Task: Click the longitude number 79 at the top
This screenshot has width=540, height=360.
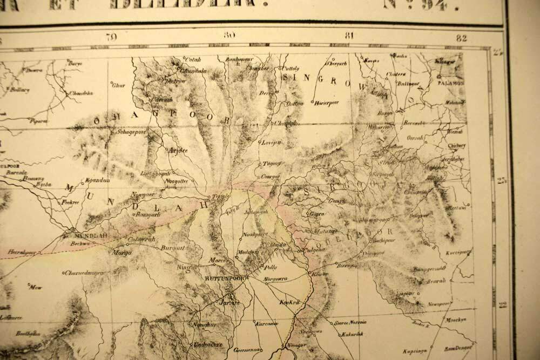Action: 112,38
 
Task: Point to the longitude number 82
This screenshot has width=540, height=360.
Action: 461,38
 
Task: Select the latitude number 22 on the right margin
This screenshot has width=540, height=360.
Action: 503,305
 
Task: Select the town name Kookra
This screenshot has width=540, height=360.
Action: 289,303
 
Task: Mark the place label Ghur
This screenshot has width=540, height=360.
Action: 118,85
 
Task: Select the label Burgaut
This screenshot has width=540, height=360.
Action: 173,248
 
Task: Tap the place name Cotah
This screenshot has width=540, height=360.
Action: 193,59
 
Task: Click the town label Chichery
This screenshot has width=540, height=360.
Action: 456,145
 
